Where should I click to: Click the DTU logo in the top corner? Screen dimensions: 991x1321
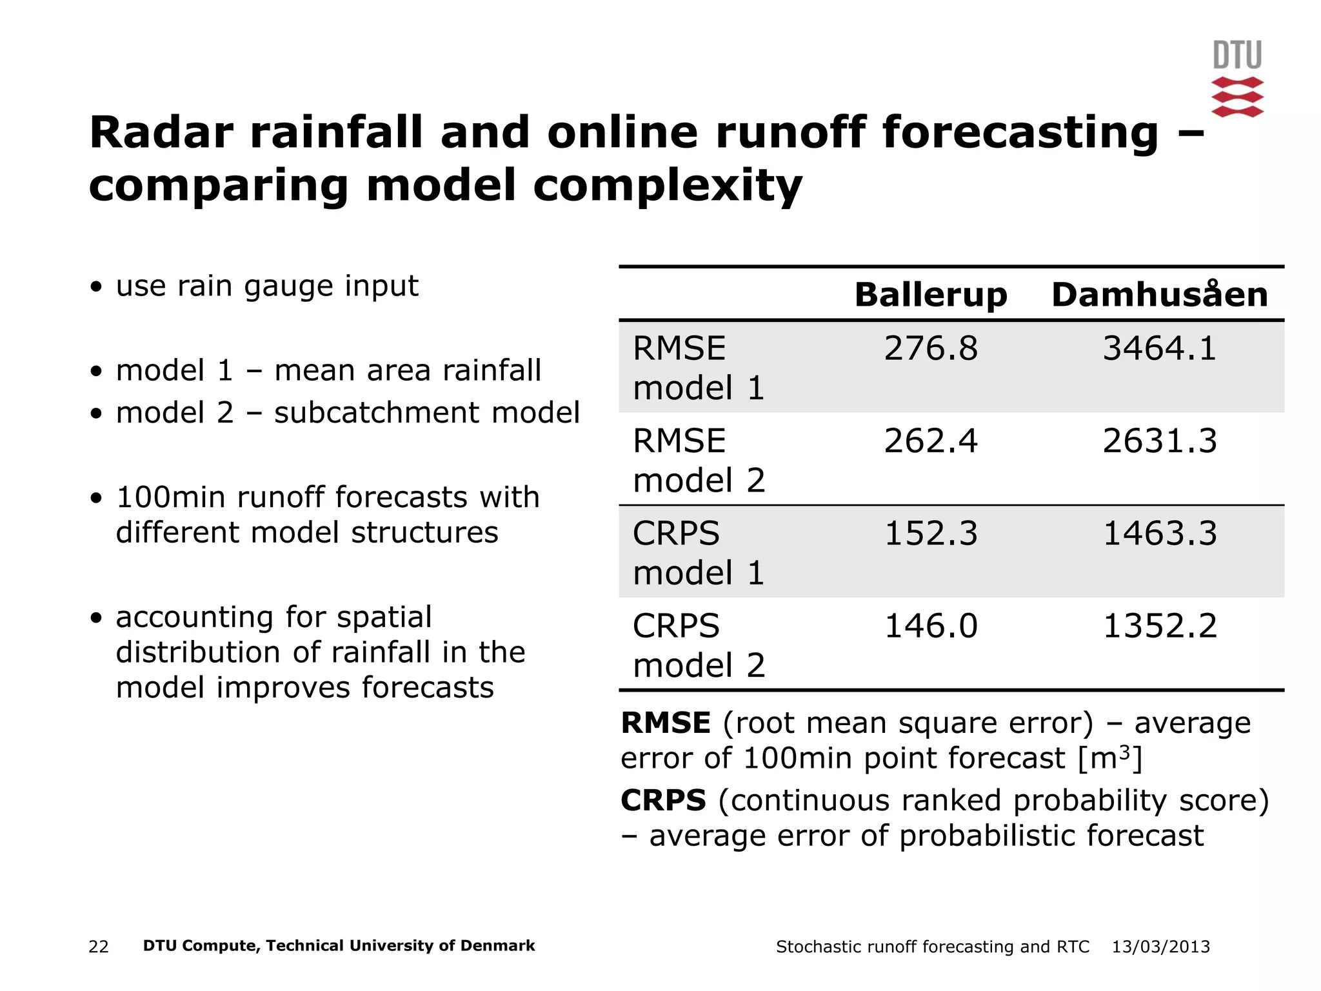[1237, 79]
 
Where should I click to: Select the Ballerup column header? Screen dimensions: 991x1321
[930, 295]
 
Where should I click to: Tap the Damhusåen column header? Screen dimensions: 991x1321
[1159, 295]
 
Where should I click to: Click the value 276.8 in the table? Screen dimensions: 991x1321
[930, 348]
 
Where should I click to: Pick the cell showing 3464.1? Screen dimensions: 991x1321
[1159, 348]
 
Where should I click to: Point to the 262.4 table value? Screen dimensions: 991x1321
[930, 441]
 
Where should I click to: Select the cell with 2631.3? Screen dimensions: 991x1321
[1159, 441]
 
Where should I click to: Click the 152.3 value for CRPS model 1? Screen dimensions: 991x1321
[930, 534]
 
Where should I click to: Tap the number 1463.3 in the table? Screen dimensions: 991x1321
[1159, 534]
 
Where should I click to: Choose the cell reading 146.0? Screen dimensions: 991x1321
[930, 626]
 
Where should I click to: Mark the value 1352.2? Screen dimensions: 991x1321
[1159, 626]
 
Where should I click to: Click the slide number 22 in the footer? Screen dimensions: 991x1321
[99, 946]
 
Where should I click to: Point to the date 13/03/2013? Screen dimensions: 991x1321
[1160, 946]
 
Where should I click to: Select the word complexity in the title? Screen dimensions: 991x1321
[668, 186]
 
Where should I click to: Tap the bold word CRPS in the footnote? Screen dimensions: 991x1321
[663, 801]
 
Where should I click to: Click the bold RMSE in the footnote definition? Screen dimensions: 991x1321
[665, 723]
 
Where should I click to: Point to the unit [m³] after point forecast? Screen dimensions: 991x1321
[1109, 758]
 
